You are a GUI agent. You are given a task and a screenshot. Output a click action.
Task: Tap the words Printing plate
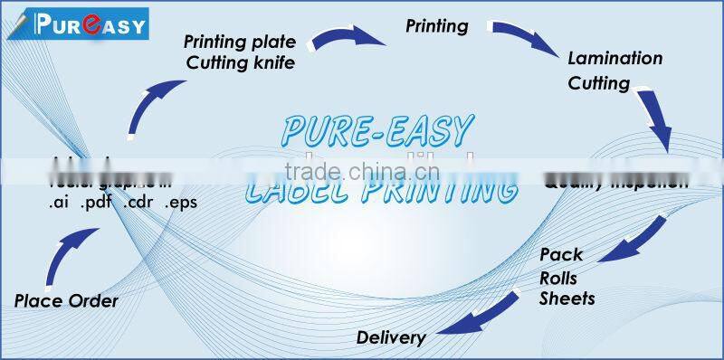(x=241, y=42)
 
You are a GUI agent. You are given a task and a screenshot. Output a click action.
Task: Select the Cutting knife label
(x=240, y=62)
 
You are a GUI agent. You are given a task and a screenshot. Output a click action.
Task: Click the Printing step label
(x=436, y=26)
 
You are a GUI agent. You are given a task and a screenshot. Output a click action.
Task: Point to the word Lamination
(x=614, y=59)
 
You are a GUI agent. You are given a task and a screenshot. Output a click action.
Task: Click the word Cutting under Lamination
(x=598, y=83)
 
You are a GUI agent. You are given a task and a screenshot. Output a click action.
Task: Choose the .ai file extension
(x=61, y=202)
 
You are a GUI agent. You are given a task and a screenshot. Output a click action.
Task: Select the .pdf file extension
(x=95, y=202)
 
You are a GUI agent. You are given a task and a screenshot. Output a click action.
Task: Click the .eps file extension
(x=180, y=202)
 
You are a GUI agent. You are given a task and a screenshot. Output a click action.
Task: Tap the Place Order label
(x=66, y=301)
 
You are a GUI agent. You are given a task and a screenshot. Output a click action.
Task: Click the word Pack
(x=561, y=254)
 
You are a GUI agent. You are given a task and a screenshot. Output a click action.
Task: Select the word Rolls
(x=558, y=277)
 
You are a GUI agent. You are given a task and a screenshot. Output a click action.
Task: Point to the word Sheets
(x=567, y=298)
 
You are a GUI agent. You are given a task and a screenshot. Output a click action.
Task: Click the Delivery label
(x=391, y=338)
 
